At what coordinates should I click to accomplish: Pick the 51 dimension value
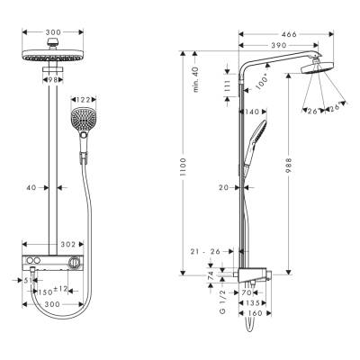tap(30, 279)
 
